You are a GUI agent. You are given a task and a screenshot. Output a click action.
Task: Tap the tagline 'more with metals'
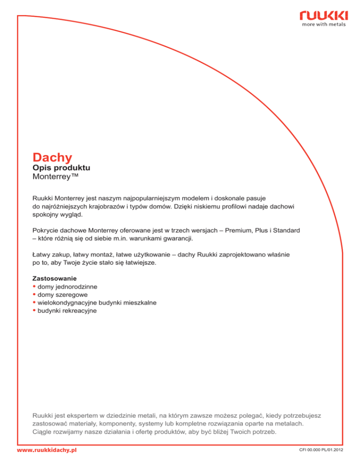324,25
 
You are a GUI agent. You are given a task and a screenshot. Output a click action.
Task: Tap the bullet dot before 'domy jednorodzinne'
34,286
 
